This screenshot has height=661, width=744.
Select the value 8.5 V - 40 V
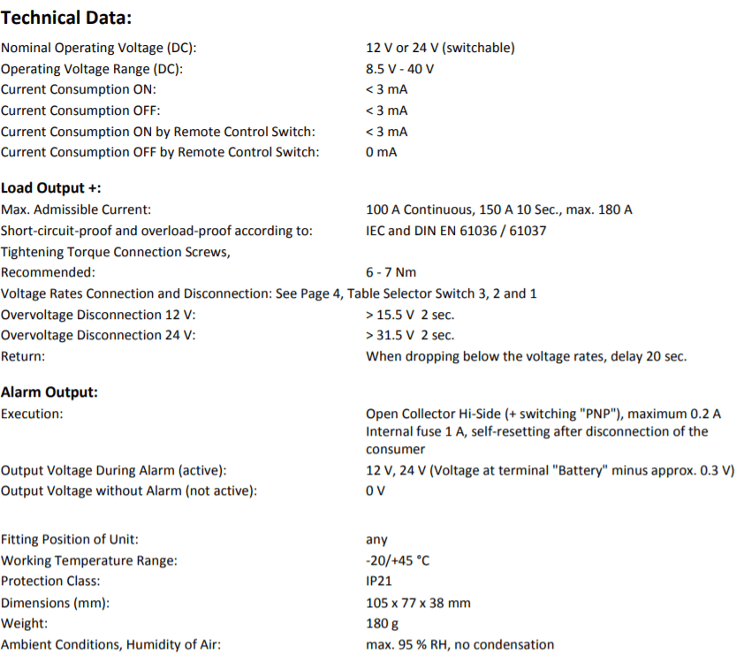click(x=400, y=69)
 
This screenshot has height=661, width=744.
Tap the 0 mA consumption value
click(x=381, y=153)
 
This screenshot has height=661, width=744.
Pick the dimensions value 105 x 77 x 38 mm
click(x=418, y=603)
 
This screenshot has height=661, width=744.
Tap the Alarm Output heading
click(x=49, y=392)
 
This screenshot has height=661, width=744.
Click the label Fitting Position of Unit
click(x=70, y=539)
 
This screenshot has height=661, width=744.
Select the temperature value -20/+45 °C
click(x=398, y=560)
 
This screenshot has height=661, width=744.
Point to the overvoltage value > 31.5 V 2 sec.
click(x=410, y=335)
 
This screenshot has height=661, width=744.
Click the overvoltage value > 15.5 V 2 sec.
click(x=410, y=315)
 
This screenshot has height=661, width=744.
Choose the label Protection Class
click(x=50, y=581)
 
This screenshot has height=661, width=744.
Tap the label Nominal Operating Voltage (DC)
click(x=99, y=48)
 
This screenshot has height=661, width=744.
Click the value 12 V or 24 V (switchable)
click(x=440, y=48)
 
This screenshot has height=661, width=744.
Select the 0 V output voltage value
click(x=376, y=491)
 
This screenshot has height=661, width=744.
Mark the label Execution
click(x=32, y=414)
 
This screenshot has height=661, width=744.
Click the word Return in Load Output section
click(x=23, y=356)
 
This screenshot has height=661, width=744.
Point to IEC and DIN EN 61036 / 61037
click(x=456, y=231)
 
